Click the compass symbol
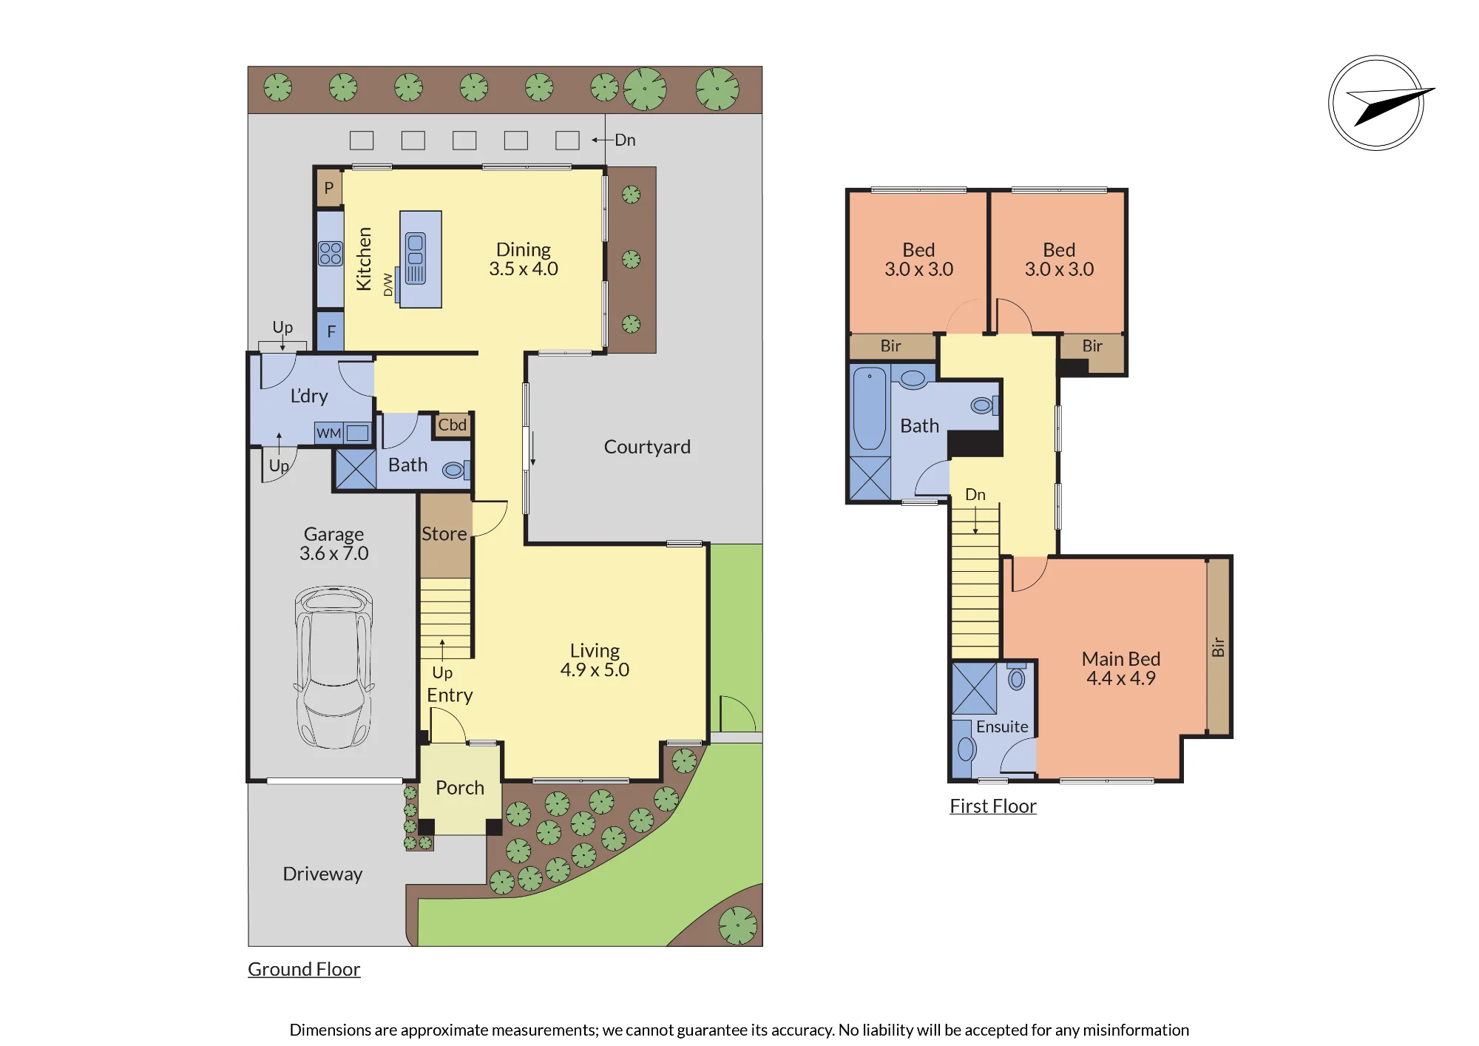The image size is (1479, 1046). pyautogui.click(x=1377, y=103)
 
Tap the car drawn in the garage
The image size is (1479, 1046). pyautogui.click(x=334, y=667)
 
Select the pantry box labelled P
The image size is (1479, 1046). pyautogui.click(x=329, y=188)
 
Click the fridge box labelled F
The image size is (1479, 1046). pyautogui.click(x=331, y=331)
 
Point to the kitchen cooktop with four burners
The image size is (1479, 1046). pyautogui.click(x=331, y=254)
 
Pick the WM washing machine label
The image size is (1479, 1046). pyautogui.click(x=329, y=433)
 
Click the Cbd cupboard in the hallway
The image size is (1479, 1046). pyautogui.click(x=453, y=425)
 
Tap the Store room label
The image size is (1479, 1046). pyautogui.click(x=444, y=533)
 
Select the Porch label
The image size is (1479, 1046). pyautogui.click(x=460, y=788)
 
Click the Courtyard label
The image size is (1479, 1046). pyautogui.click(x=647, y=447)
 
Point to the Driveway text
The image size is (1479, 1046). pyautogui.click(x=322, y=874)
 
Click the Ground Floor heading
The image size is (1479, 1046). pyautogui.click(x=304, y=969)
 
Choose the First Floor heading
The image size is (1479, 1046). pyautogui.click(x=993, y=806)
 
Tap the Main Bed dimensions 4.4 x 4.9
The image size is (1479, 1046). pyautogui.click(x=1121, y=678)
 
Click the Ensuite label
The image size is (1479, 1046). pyautogui.click(x=1002, y=726)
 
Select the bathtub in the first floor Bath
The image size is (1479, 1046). pyautogui.click(x=870, y=408)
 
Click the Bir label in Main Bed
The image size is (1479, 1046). pyautogui.click(x=1218, y=647)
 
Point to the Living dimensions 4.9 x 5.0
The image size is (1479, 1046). pyautogui.click(x=595, y=670)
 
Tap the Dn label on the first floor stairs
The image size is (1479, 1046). pyautogui.click(x=975, y=494)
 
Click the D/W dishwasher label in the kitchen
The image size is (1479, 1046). pyautogui.click(x=388, y=285)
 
